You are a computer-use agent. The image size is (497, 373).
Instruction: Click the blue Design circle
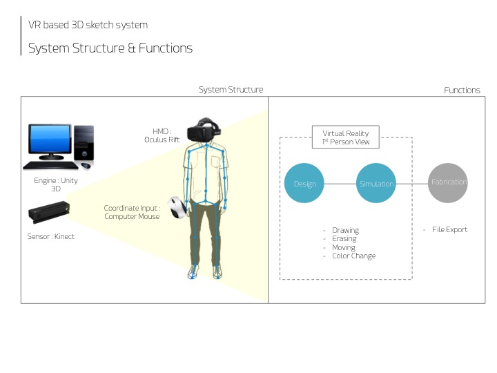point(304,183)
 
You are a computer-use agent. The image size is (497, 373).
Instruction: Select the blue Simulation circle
point(376,183)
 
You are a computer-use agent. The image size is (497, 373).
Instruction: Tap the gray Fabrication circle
point(448,182)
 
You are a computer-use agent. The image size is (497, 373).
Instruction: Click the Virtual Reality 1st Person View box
point(346,137)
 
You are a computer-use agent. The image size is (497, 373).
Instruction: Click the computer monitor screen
point(50,141)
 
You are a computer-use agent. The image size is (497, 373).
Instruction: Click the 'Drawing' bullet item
point(345,230)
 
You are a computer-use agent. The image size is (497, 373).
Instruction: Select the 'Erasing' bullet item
point(344,239)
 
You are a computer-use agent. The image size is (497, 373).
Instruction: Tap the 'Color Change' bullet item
point(353,256)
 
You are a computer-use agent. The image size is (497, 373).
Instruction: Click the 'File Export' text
point(449,229)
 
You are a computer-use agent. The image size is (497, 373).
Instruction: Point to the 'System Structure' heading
point(231,90)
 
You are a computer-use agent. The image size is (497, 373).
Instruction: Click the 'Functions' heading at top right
point(462,90)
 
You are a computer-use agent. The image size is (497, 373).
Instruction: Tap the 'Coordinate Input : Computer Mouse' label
point(132,212)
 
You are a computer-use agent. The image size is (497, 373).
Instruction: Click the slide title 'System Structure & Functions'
point(110,48)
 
